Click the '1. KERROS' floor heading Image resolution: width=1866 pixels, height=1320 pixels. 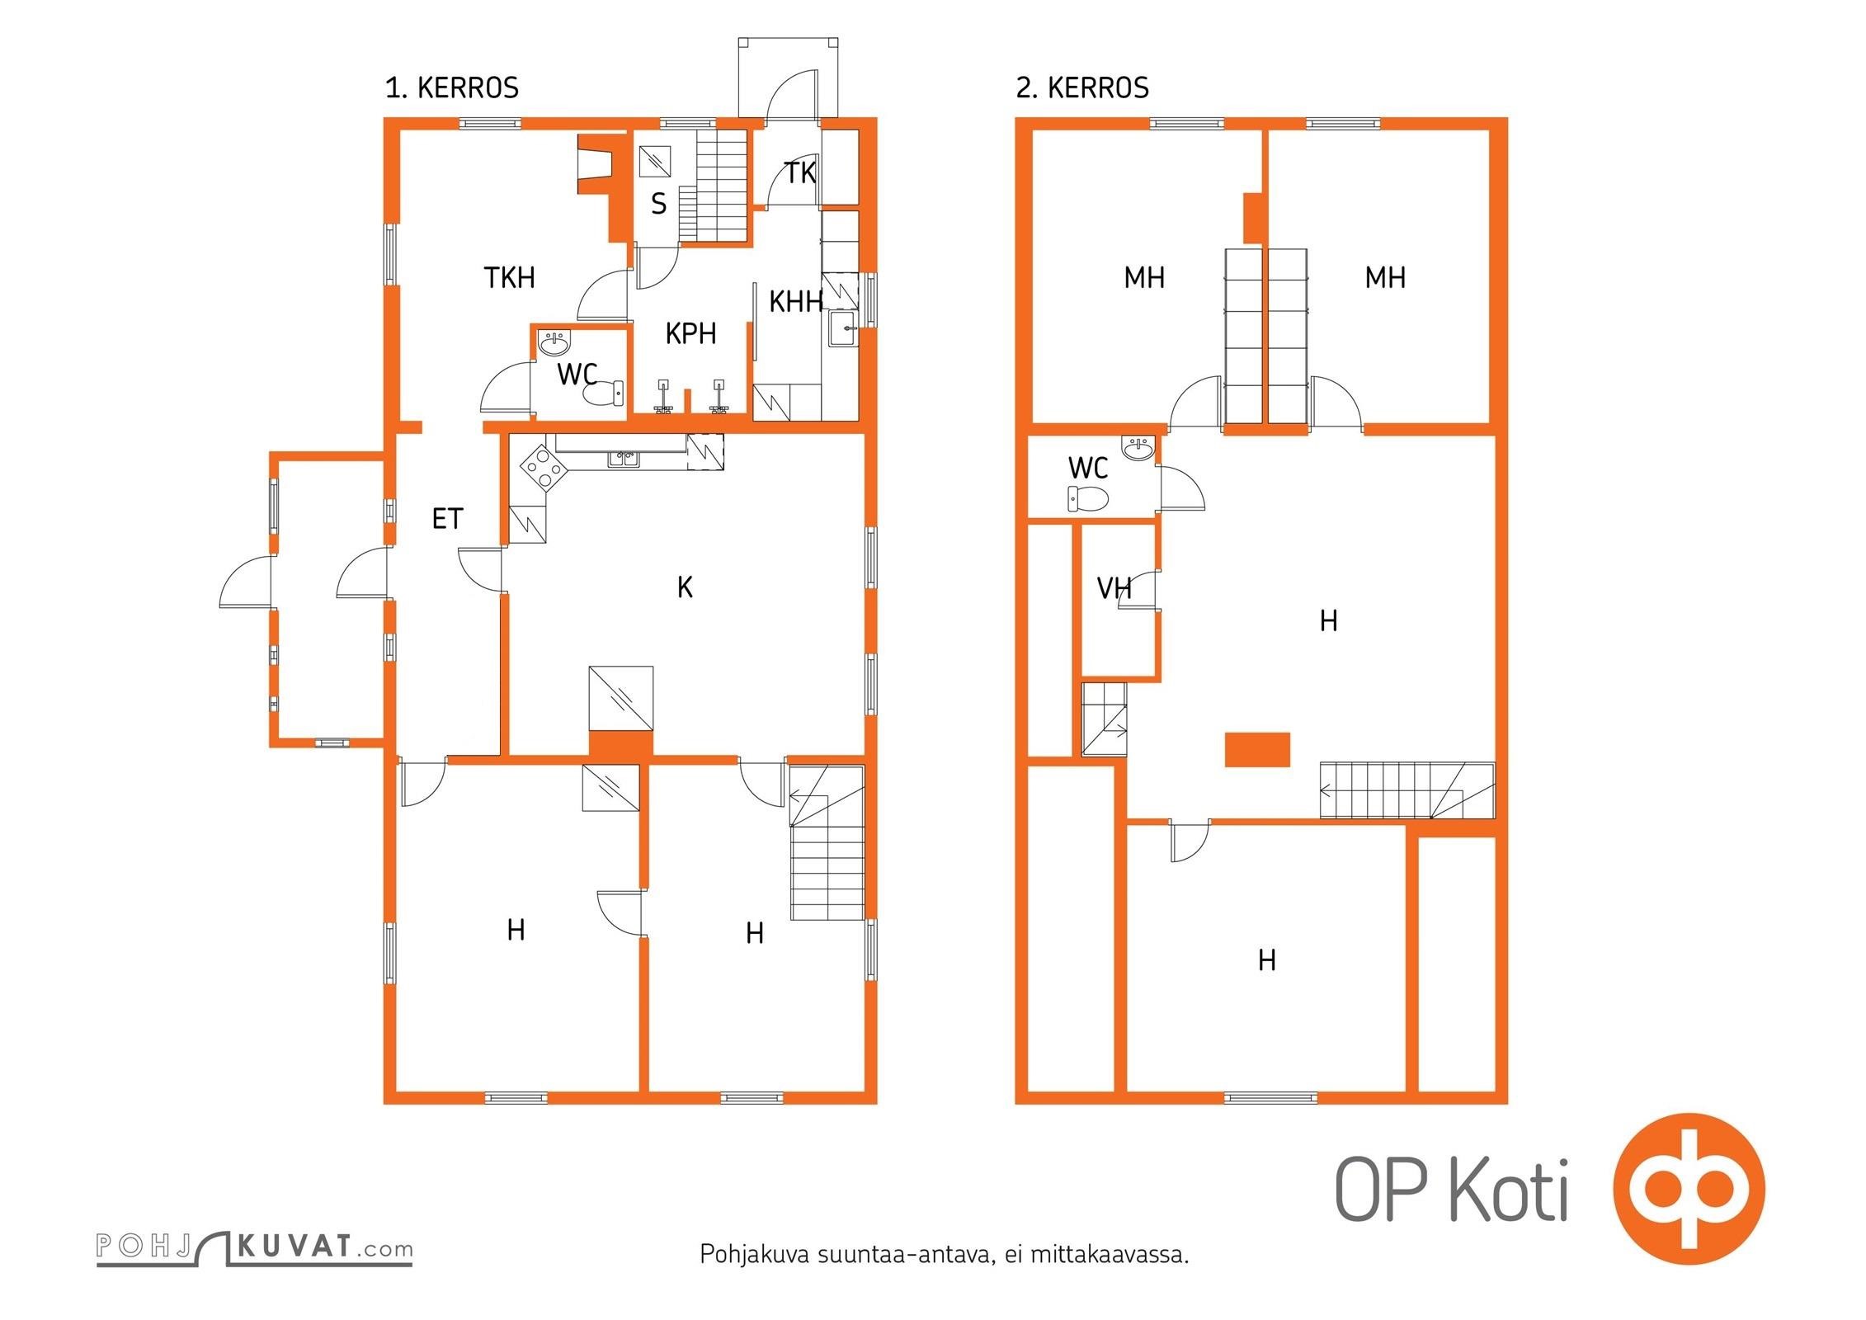[452, 87]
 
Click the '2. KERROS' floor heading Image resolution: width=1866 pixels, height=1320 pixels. [1082, 87]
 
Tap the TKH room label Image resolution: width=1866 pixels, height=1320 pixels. [509, 278]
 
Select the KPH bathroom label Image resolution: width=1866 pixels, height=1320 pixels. [690, 333]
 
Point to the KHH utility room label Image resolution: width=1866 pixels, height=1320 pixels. [795, 302]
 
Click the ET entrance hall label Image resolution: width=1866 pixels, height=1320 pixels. [447, 518]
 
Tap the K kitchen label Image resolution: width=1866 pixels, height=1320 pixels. [685, 587]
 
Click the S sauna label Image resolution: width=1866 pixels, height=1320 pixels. [658, 203]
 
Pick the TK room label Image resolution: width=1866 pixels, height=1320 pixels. [799, 173]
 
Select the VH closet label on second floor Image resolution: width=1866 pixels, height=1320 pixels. [1114, 588]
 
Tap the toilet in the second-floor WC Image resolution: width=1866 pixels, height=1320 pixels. [1088, 498]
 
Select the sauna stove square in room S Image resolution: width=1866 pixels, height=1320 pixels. [658, 160]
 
